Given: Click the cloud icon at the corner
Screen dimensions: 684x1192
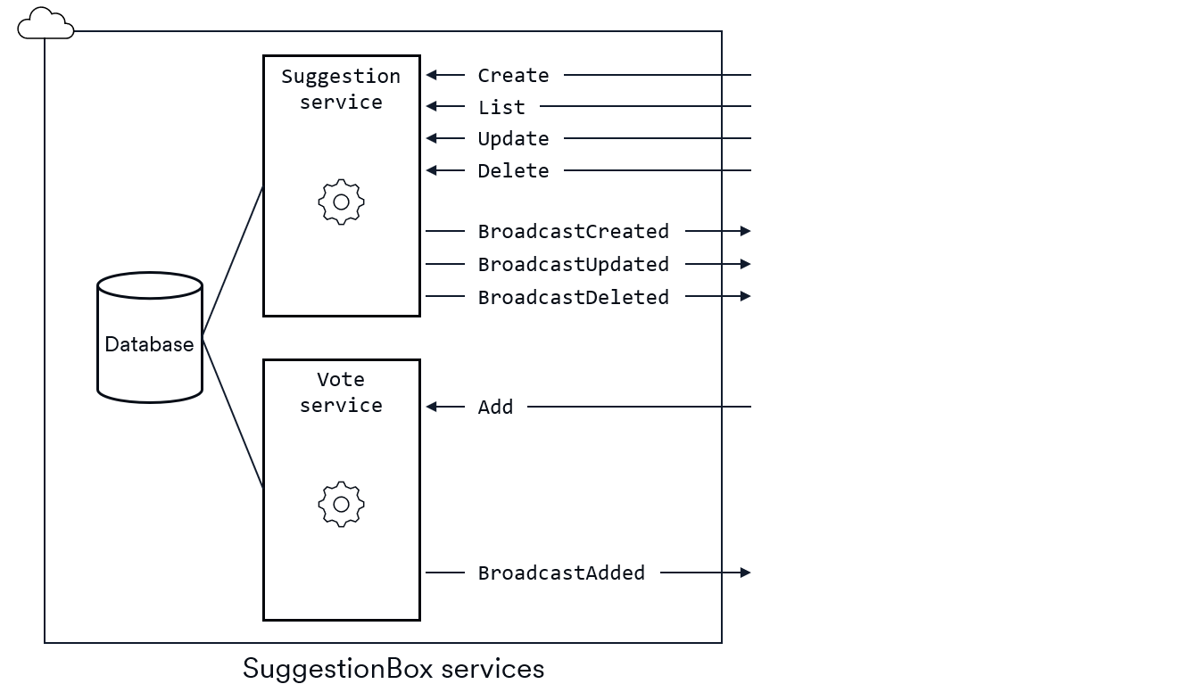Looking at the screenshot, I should tap(45, 24).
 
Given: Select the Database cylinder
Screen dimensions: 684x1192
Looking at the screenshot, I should tap(150, 337).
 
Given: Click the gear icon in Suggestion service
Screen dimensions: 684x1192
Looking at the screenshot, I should tap(341, 202).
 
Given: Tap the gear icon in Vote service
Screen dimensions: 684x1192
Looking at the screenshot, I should tap(341, 505).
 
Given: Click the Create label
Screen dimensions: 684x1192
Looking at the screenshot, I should tap(513, 76).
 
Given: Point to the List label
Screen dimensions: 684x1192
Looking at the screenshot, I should tap(501, 107).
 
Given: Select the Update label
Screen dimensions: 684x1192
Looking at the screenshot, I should tap(513, 139).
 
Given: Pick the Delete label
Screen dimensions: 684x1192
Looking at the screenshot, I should tap(513, 170).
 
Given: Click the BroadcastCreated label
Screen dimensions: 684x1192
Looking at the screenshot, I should tap(573, 231).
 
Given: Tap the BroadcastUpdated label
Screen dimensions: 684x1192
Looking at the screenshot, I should tap(573, 264).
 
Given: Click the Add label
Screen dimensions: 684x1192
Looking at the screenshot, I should tap(495, 407).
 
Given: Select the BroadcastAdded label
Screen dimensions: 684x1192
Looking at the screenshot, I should tap(561, 573).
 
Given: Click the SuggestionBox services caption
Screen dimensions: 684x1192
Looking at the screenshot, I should tap(393, 668).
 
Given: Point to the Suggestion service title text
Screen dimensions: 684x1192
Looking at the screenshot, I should tap(341, 89).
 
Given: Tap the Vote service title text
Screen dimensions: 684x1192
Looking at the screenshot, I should tap(341, 392).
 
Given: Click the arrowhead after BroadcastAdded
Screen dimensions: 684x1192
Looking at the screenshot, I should tap(746, 573).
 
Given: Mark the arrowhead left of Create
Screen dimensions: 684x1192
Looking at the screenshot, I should tap(432, 76).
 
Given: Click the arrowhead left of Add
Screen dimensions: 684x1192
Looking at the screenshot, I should tap(432, 407).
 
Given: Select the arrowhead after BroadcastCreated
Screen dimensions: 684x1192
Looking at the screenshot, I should tap(746, 231).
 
